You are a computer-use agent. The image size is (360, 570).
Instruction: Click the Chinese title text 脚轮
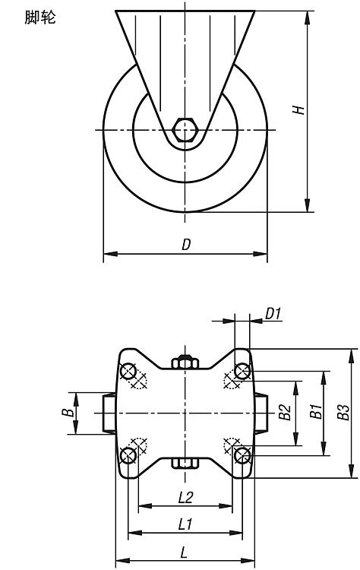click(x=40, y=17)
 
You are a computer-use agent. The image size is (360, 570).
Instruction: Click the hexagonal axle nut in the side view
click(x=185, y=129)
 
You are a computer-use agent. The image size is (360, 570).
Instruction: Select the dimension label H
click(x=298, y=109)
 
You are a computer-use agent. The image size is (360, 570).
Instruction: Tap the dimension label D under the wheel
click(x=186, y=245)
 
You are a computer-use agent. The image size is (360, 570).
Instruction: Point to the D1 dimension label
click(x=273, y=313)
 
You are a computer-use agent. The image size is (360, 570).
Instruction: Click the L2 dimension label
click(x=185, y=498)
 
